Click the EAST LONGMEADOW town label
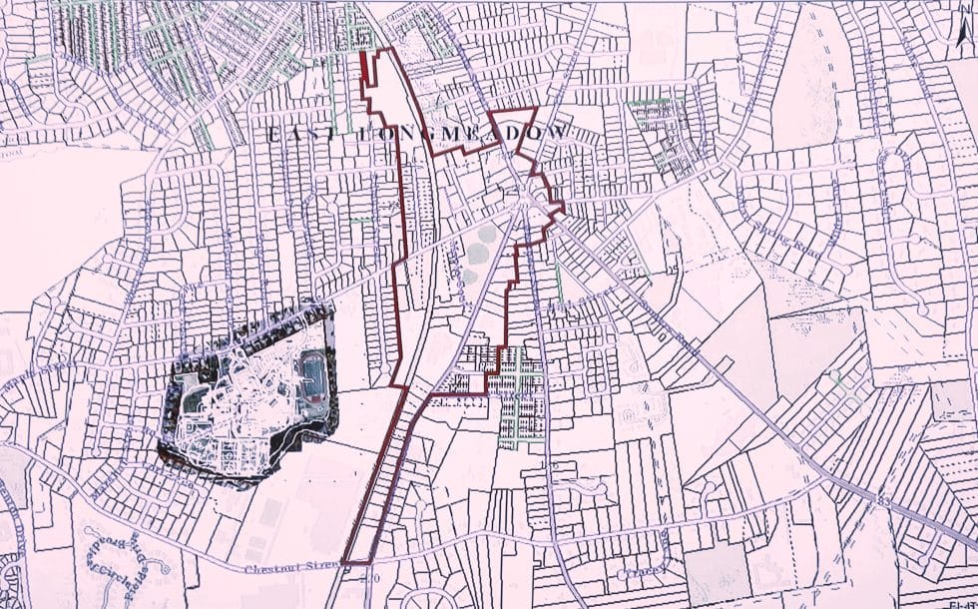tap(419, 133)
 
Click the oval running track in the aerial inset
tap(311, 375)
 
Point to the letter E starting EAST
tap(270, 134)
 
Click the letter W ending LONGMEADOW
tap(565, 132)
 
